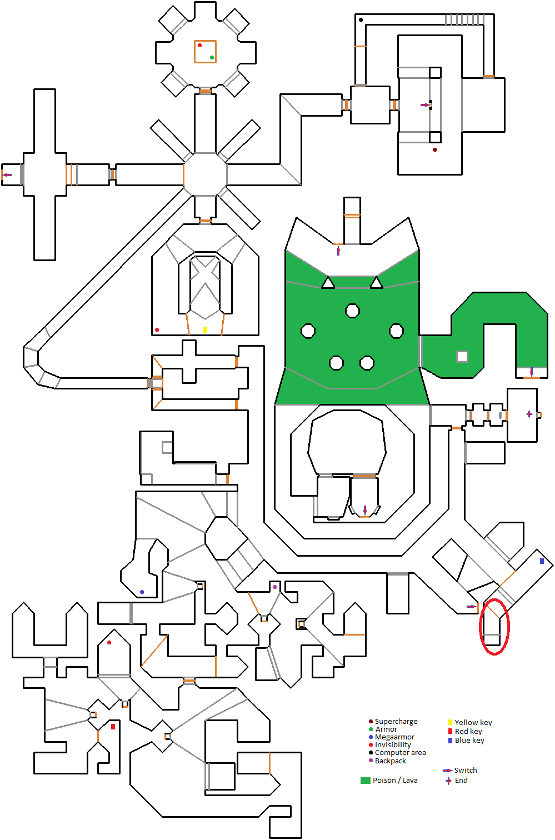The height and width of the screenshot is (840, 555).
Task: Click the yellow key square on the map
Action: pyautogui.click(x=205, y=330)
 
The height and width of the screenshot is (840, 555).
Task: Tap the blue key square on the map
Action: pyautogui.click(x=542, y=561)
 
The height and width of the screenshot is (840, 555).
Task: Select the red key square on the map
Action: pyautogui.click(x=113, y=727)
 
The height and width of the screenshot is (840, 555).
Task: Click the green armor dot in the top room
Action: pyautogui.click(x=212, y=57)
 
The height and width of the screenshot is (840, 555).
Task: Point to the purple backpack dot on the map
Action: pyautogui.click(x=274, y=587)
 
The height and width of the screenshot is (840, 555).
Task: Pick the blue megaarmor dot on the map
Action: pyautogui.click(x=142, y=592)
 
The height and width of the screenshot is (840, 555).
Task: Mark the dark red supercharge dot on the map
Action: pyautogui.click(x=434, y=149)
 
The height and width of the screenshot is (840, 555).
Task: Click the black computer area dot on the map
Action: pyautogui.click(x=361, y=20)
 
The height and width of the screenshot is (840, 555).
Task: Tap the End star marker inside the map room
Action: pyautogui.click(x=528, y=414)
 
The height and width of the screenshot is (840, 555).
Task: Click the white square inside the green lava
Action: pyautogui.click(x=462, y=356)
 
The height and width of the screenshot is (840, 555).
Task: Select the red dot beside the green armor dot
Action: pyautogui.click(x=199, y=46)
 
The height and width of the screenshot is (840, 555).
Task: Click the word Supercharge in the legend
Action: pyautogui.click(x=396, y=721)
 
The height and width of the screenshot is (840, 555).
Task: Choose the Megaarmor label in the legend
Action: pyautogui.click(x=394, y=737)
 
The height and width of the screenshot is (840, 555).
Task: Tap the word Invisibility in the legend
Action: pyautogui.click(x=393, y=744)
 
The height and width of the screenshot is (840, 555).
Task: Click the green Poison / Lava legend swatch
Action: pyautogui.click(x=365, y=780)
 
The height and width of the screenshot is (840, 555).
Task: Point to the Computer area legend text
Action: pyautogui.click(x=400, y=752)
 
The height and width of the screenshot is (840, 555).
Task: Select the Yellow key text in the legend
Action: pyautogui.click(x=473, y=722)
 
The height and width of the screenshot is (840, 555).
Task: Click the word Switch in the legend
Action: pyautogui.click(x=466, y=770)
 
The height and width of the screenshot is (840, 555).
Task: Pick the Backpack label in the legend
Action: pyautogui.click(x=390, y=761)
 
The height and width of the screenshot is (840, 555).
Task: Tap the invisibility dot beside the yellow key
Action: pyautogui.click(x=157, y=330)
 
